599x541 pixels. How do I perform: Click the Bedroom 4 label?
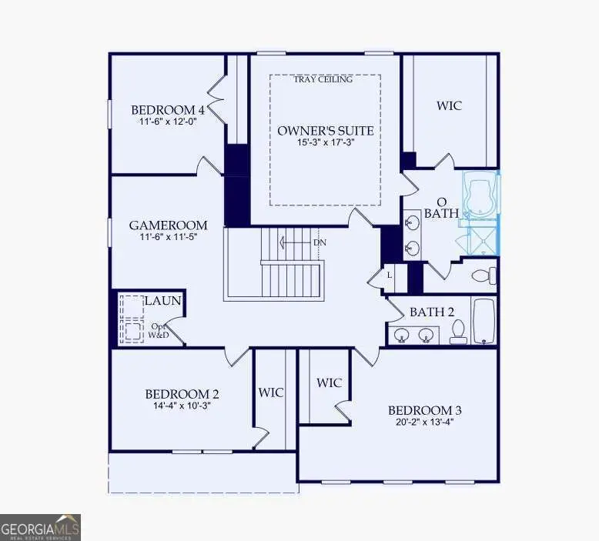click(x=167, y=109)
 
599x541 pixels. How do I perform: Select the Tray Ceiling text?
click(x=324, y=79)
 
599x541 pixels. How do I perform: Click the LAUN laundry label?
click(x=162, y=301)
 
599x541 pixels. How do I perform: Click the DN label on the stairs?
click(x=320, y=242)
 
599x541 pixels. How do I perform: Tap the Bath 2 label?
click(x=431, y=312)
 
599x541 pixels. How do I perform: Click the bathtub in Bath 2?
click(x=482, y=322)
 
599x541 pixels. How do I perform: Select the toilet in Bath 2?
click(x=458, y=331)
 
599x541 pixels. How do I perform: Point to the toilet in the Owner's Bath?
click(x=483, y=275)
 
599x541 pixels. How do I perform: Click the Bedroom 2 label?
click(x=177, y=395)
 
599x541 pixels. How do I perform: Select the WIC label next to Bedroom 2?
click(x=271, y=392)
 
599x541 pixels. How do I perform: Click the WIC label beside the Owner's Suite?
click(x=449, y=105)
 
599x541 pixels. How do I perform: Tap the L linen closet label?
click(x=390, y=275)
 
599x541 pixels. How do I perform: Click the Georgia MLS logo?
click(x=40, y=527)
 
